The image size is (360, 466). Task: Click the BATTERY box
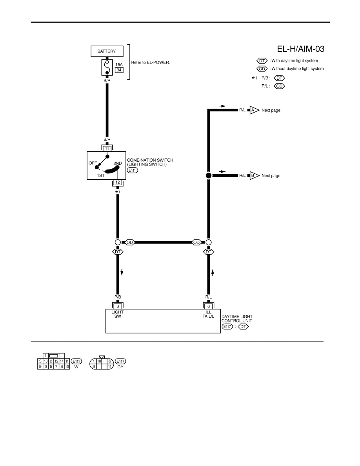pyautogui.click(x=107, y=51)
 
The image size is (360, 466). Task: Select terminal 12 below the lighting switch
pyautogui.click(x=117, y=182)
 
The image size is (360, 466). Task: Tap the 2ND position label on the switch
pyautogui.click(x=118, y=164)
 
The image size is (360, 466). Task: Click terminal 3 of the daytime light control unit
pyautogui.click(x=118, y=306)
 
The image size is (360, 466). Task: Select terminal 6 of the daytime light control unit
pyautogui.click(x=209, y=306)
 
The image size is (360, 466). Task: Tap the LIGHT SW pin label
pyautogui.click(x=118, y=314)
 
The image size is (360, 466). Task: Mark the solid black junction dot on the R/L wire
pyautogui.click(x=209, y=176)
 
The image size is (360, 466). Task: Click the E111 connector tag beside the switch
pyautogui.click(x=132, y=171)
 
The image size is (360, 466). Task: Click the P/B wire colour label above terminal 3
pyautogui.click(x=118, y=298)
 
